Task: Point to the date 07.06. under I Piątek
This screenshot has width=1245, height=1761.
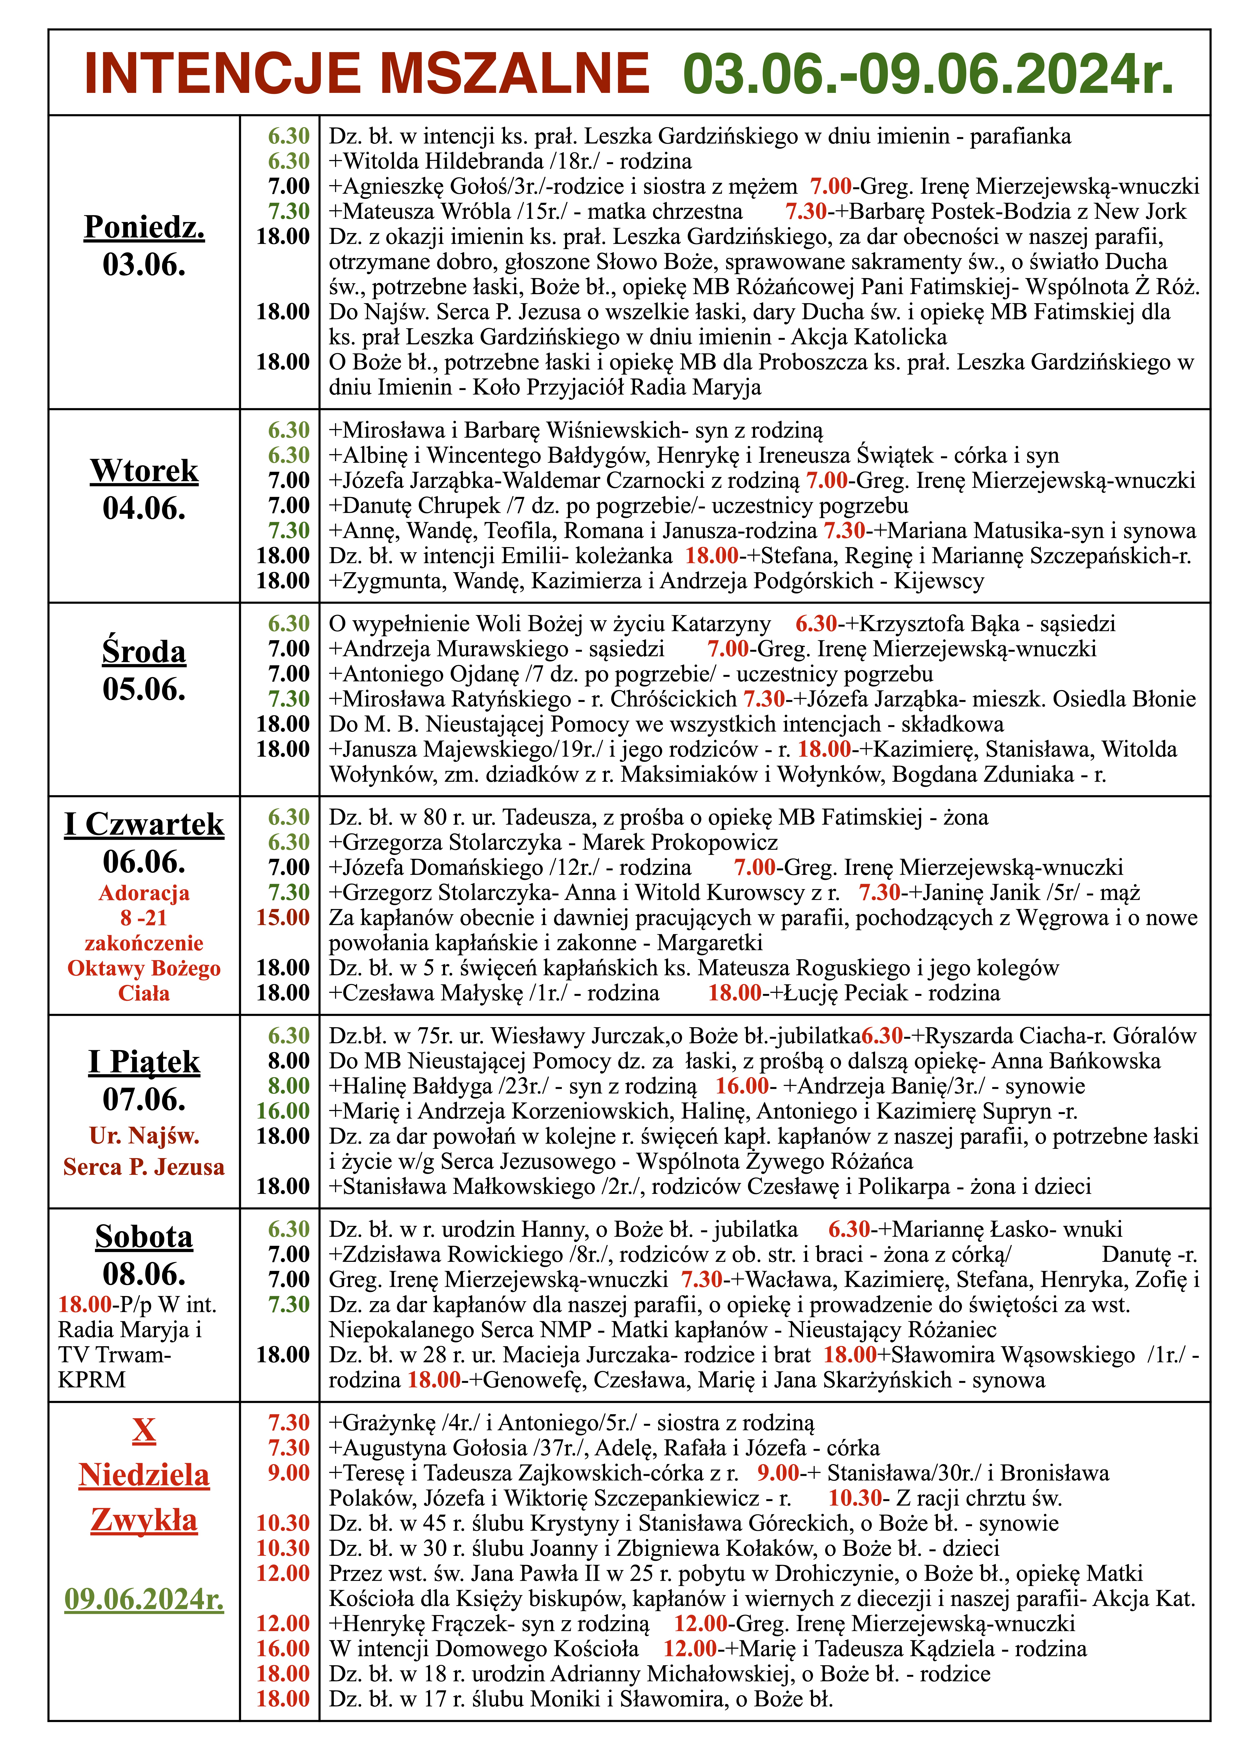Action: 144,1099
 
